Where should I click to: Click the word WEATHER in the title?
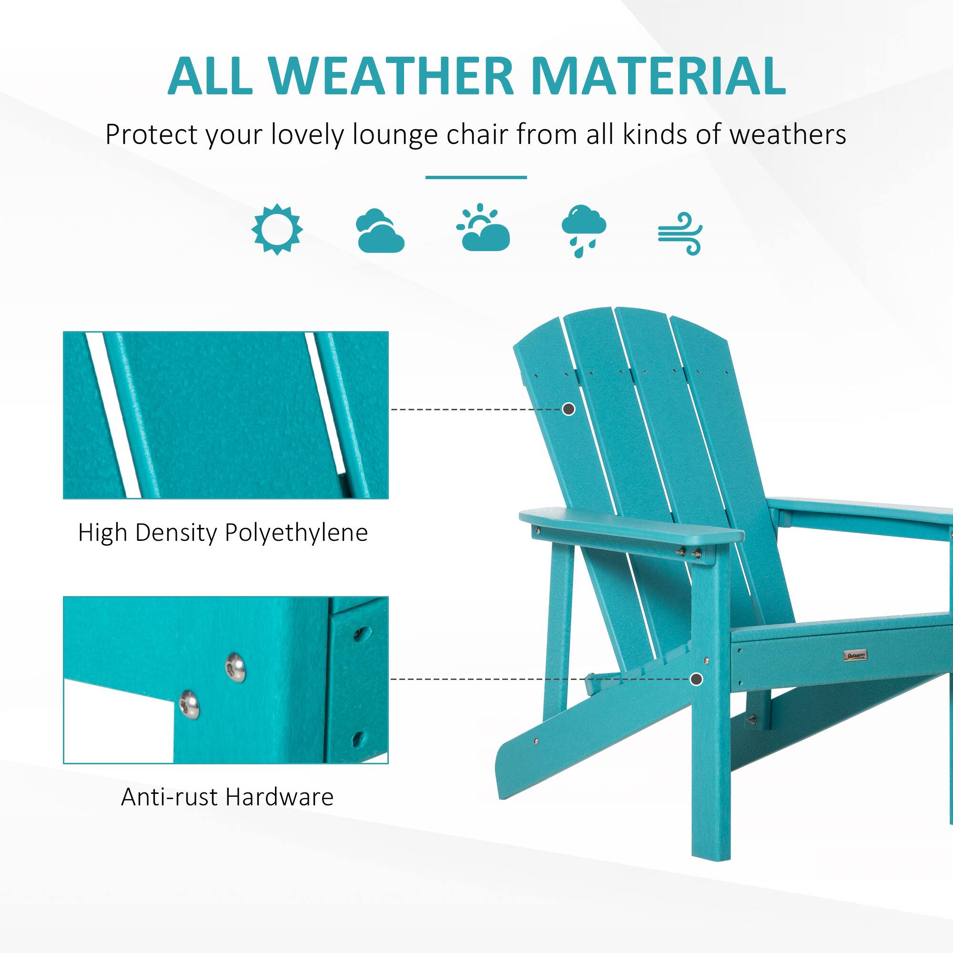tap(392, 76)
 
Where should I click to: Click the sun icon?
tap(277, 229)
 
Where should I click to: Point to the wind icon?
tap(680, 233)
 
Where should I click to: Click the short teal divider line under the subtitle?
tap(476, 177)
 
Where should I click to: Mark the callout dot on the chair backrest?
tap(569, 409)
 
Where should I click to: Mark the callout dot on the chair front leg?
tap(696, 679)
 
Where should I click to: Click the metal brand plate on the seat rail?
tap(854, 656)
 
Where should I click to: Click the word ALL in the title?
tap(210, 76)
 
